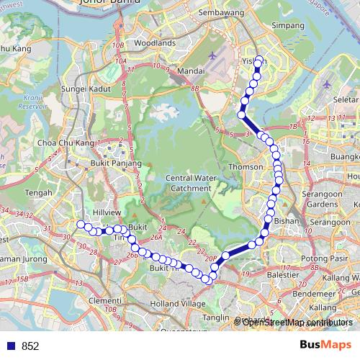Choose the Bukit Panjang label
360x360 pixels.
[x=109, y=163]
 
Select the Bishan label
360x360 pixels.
[x=287, y=222]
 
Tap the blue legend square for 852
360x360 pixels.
[x=11, y=346]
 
